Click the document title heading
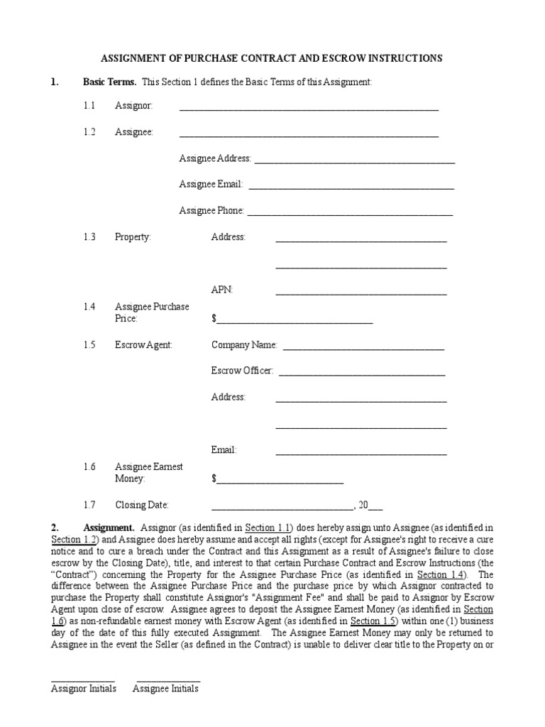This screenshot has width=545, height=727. point(272,58)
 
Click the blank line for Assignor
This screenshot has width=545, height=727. point(309,109)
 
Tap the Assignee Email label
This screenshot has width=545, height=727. point(211,184)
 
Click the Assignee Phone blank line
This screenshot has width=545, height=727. point(349,214)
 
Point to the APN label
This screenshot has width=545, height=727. point(221,290)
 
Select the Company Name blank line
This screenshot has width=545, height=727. point(363,348)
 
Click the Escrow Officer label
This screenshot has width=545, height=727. point(242,371)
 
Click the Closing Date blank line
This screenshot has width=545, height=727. point(282,508)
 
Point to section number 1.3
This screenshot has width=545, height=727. point(89,237)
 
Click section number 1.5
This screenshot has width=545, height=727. point(89,345)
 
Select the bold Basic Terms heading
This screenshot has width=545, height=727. point(110,82)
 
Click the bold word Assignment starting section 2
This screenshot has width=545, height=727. point(109,528)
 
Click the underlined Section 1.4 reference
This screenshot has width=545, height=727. point(441,574)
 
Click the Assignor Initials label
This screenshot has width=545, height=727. point(83,689)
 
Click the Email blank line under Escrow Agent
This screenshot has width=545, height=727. point(360,453)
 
